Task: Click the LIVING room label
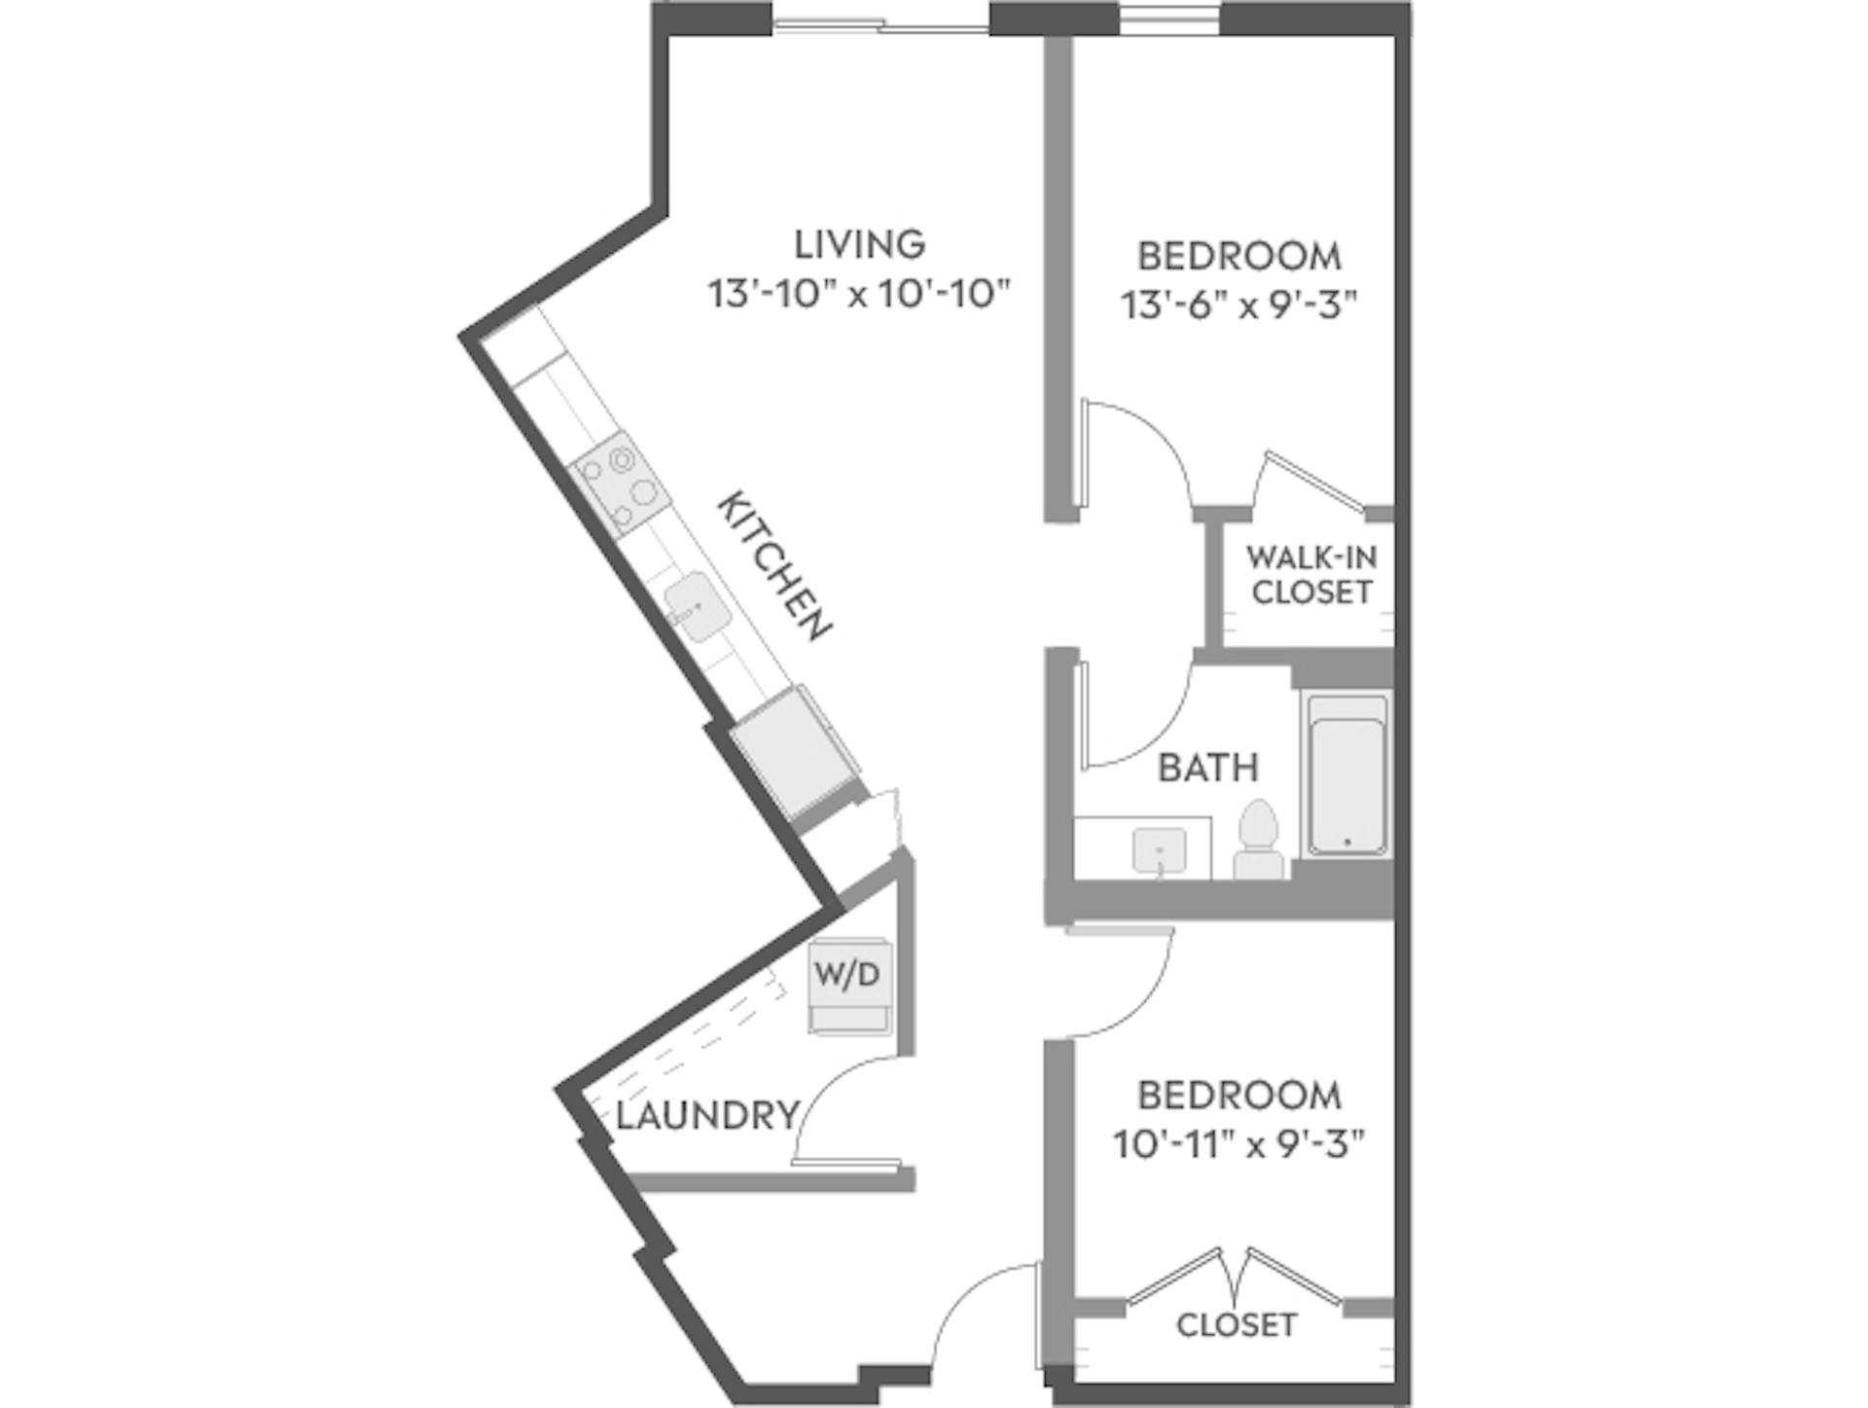(859, 244)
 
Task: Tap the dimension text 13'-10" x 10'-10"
(859, 293)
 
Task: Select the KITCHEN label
(774, 565)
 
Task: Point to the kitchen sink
(697, 606)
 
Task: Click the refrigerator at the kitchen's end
(793, 752)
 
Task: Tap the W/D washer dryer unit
(849, 985)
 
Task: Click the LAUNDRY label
(707, 1115)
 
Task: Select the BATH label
(1208, 768)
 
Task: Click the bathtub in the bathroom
(1347, 775)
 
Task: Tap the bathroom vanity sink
(1160, 849)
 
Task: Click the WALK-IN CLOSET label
(1311, 574)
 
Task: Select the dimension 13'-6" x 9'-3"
(1239, 306)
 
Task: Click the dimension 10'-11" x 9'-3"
(1239, 1144)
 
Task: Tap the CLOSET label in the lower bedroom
(1236, 1324)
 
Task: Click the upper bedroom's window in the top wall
(1167, 18)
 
